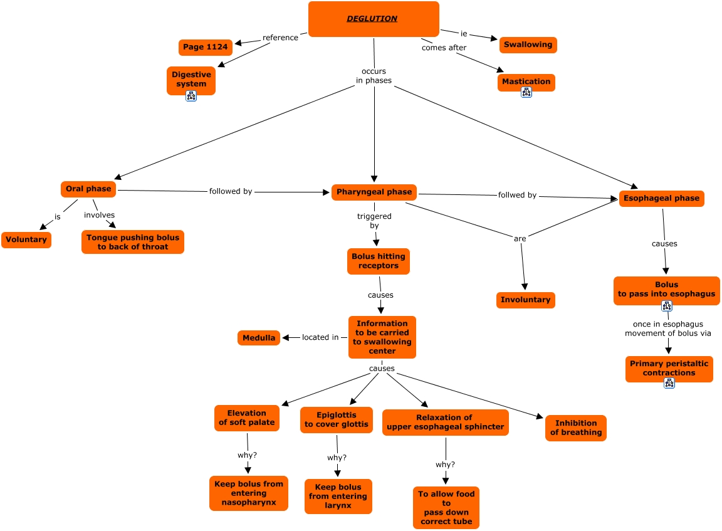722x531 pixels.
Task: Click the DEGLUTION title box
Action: [x=374, y=19]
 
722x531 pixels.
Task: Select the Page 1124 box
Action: [x=206, y=47]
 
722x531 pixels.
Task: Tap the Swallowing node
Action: [x=528, y=45]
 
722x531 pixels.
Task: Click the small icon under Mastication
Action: [x=526, y=92]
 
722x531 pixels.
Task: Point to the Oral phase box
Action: [x=88, y=189]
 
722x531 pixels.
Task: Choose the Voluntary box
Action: [x=26, y=239]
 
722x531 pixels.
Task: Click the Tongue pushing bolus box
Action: [x=133, y=242]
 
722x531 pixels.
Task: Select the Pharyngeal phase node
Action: [x=374, y=192]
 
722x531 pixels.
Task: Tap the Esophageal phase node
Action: [x=661, y=198]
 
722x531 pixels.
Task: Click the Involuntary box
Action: [x=525, y=300]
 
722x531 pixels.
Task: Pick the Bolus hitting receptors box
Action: [x=379, y=261]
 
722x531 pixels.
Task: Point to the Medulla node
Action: [x=259, y=338]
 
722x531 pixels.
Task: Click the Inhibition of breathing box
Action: [x=575, y=428]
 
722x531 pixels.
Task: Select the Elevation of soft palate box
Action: [x=246, y=418]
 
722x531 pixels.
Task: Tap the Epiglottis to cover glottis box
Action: [x=337, y=419]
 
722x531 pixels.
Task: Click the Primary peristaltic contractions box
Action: [x=669, y=368]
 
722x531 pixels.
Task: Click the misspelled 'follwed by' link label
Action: [x=517, y=195]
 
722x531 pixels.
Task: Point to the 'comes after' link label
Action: [x=444, y=48]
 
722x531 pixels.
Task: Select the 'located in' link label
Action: [x=320, y=337]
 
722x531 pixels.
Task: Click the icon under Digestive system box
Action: [x=191, y=96]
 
